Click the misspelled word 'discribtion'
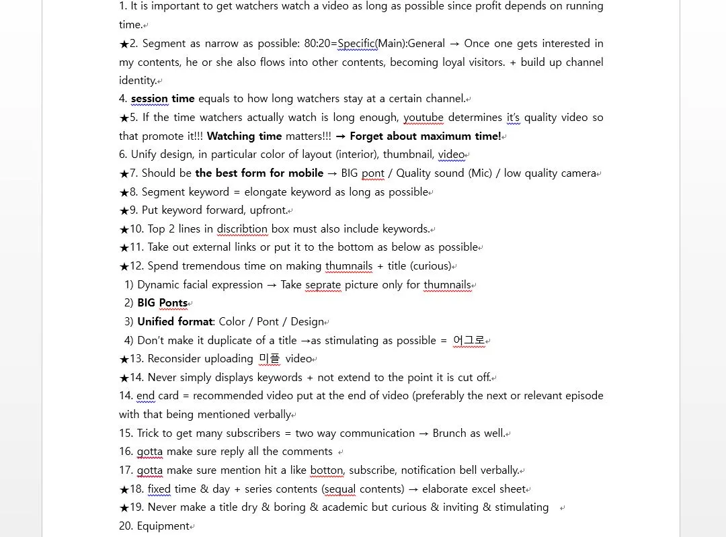click(242, 229)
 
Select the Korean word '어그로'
click(469, 340)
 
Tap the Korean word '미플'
click(270, 359)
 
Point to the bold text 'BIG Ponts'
click(162, 303)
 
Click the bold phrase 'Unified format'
click(175, 322)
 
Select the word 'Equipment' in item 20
click(163, 526)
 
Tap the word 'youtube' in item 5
click(424, 118)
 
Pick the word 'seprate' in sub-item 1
click(323, 285)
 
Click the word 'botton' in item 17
click(327, 470)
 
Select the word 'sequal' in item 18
click(339, 489)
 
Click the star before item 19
click(124, 507)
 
